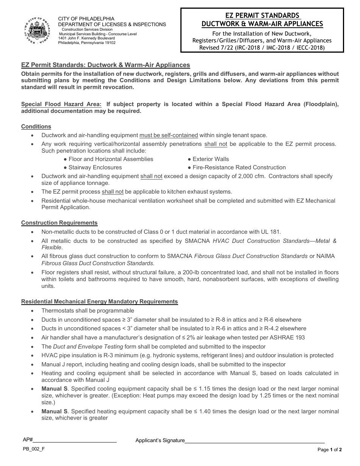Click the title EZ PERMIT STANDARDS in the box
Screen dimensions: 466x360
pyautogui.click(x=262, y=16)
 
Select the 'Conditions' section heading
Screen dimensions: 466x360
pyautogui.click(x=36, y=127)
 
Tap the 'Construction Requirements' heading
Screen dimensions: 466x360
pyautogui.click(x=59, y=223)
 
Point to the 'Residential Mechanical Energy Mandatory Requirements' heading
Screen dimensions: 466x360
pyautogui.click(x=99, y=302)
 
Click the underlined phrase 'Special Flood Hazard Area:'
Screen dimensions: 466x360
pyautogui.click(x=61, y=104)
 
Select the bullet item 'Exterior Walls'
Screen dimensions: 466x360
pyautogui.click(x=210, y=159)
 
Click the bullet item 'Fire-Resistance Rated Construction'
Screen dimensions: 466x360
pyautogui.click(x=239, y=167)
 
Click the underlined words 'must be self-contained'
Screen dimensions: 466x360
pyautogui.click(x=169, y=135)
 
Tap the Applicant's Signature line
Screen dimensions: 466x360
pyautogui.click(x=254, y=440)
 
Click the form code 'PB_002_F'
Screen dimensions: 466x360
pyautogui.click(x=33, y=449)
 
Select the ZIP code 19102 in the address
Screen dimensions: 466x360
pyautogui.click(x=109, y=43)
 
